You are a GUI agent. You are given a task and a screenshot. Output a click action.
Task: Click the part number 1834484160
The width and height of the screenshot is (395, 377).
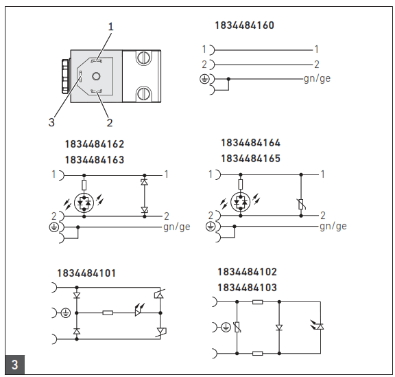point(244,25)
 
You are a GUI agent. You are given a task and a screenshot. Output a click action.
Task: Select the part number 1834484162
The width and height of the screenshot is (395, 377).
point(95,145)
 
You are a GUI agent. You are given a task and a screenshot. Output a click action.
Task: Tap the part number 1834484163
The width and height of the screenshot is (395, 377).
point(95,159)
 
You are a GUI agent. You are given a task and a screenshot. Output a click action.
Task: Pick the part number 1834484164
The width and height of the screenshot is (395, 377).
point(250,144)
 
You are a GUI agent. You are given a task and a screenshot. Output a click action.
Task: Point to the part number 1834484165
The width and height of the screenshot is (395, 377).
point(250,158)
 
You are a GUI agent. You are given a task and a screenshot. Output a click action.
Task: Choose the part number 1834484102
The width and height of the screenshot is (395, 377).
point(247,272)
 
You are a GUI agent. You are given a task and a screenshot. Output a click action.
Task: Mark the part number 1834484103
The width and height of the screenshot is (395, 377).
point(247,287)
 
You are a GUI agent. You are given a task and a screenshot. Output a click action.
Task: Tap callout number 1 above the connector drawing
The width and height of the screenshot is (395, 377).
point(110,26)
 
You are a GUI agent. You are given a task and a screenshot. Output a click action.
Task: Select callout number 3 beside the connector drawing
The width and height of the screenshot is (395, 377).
point(51,123)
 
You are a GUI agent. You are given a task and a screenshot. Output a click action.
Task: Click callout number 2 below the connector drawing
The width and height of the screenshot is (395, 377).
point(109,123)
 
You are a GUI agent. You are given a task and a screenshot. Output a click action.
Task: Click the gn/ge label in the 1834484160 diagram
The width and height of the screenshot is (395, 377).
point(317,78)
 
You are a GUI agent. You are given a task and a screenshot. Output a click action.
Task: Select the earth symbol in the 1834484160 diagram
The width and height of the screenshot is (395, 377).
point(204,79)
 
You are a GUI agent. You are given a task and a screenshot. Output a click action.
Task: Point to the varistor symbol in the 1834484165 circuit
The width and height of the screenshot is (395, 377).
point(301,204)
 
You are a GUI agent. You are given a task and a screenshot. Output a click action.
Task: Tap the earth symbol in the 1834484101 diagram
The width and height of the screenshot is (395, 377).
point(65,312)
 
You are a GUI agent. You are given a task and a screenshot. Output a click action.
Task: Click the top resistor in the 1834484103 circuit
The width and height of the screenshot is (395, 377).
point(257,301)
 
